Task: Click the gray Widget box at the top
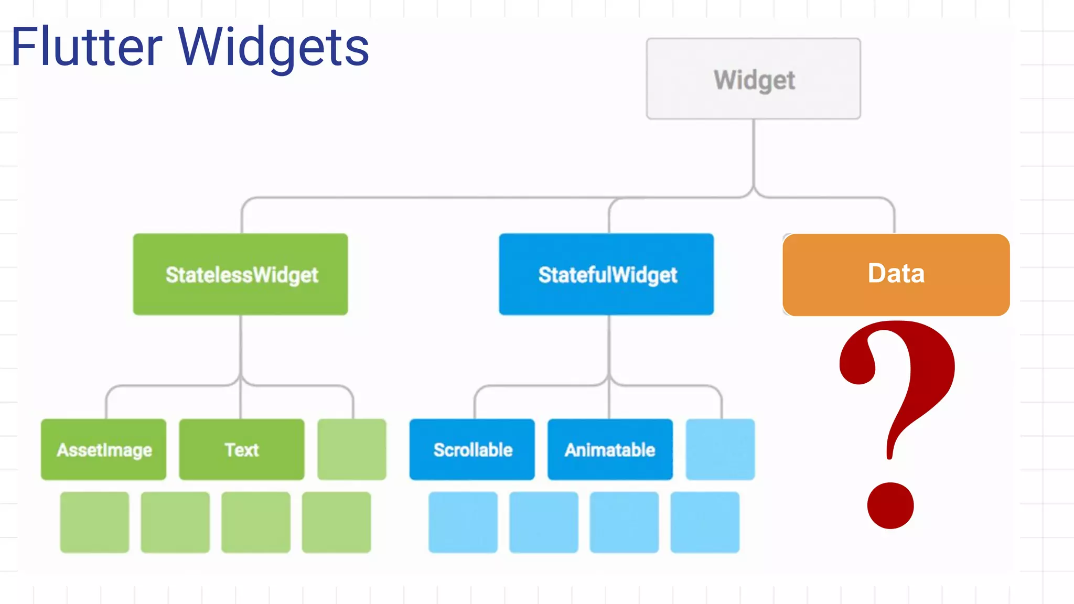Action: tap(753, 79)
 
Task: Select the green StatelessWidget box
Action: tap(240, 274)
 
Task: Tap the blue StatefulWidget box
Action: tap(606, 274)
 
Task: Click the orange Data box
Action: tap(896, 274)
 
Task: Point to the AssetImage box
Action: tap(104, 449)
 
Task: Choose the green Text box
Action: tap(242, 449)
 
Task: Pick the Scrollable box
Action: tap(472, 449)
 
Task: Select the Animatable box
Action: tap(610, 449)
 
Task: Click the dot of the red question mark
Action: tap(890, 505)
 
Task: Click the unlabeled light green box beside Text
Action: tap(352, 449)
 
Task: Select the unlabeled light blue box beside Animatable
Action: tap(720, 449)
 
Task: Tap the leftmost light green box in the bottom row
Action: tap(94, 522)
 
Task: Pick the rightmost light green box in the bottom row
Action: tap(336, 522)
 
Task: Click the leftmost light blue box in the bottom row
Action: tap(463, 522)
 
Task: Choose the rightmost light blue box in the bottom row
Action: tap(705, 522)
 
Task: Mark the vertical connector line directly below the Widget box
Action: tap(754, 152)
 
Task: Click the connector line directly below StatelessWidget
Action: tap(241, 346)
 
